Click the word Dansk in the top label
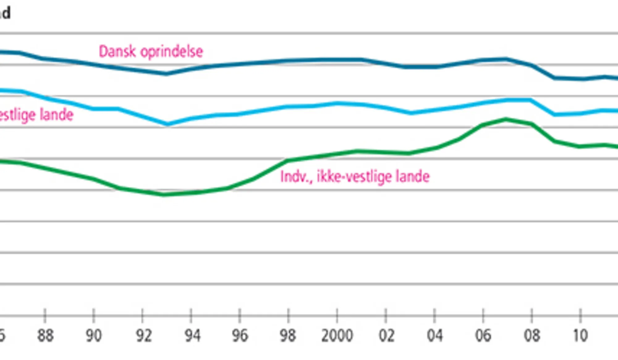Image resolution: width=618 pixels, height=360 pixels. [x=117, y=52]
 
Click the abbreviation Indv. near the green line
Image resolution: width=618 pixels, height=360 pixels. [x=296, y=177]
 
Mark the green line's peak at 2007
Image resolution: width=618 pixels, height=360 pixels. [x=506, y=119]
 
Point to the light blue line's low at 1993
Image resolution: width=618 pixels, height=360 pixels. [x=167, y=124]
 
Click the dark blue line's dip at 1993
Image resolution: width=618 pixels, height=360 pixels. [x=167, y=74]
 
